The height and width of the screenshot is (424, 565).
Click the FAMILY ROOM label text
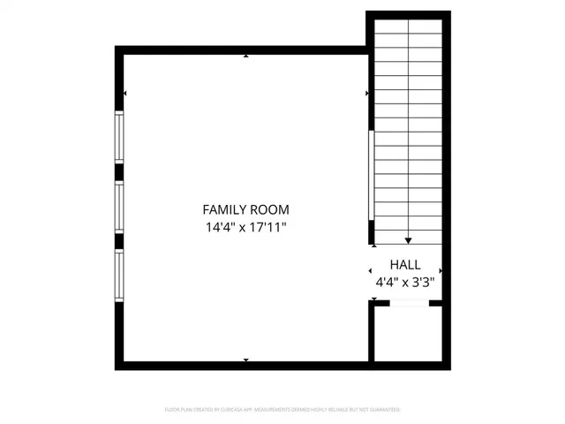point(245,210)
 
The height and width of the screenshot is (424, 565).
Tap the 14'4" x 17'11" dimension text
point(245,228)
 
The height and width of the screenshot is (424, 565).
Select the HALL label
point(405,264)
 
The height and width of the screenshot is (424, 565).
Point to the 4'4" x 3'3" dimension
point(405,283)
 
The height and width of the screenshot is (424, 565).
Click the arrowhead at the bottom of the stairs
point(408,239)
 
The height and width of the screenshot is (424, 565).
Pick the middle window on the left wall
point(119,208)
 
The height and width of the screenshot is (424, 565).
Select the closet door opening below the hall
point(408,303)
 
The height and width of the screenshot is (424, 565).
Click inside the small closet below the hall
point(406,334)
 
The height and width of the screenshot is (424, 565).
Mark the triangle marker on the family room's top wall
point(245,57)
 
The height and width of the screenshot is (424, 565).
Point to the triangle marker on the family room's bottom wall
point(245,360)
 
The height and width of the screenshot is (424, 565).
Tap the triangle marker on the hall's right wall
point(440,271)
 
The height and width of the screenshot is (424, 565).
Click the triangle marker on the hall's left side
point(371,271)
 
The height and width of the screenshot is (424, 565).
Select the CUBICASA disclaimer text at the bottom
point(282,410)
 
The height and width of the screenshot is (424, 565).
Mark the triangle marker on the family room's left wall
point(126,94)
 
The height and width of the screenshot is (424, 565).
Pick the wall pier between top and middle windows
point(119,172)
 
